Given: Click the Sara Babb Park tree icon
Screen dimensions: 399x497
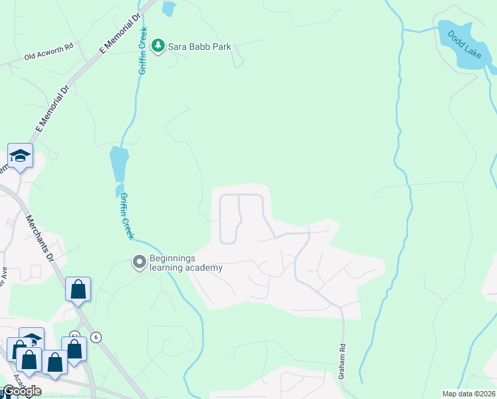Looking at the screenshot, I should coord(158,46).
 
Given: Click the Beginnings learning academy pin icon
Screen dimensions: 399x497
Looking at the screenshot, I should coord(140,262).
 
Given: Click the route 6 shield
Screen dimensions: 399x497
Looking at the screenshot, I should coord(96,337).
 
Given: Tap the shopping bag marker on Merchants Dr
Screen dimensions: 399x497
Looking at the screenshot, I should coord(78,289).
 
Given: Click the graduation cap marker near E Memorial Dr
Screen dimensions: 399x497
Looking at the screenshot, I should coord(20,156).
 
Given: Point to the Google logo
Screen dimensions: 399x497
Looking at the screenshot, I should coord(22,391).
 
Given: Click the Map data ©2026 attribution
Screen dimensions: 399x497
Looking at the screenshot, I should coord(468,394).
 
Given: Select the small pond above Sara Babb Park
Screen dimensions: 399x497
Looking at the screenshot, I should coord(168,9).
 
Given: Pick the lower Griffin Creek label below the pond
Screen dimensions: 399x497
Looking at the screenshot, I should coord(126,216).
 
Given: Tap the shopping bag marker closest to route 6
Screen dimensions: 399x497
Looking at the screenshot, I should coord(74,348).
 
